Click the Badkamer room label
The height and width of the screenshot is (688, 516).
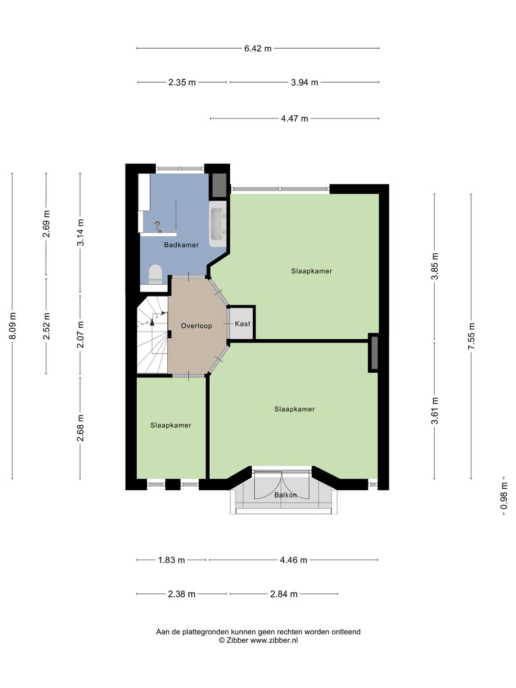182,245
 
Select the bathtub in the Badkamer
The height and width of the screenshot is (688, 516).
218,224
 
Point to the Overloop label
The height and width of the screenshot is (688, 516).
196,326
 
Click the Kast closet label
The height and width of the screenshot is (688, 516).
243,323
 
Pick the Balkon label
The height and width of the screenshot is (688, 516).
285,495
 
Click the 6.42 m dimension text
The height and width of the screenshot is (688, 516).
258,49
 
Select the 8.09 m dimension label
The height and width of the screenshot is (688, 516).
12,326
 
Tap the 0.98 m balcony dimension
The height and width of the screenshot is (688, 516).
504,495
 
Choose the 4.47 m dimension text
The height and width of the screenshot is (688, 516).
294,119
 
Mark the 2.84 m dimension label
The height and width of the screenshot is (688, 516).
284,594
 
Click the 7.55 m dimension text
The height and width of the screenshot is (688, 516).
472,336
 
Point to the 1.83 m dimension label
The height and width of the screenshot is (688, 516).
172,560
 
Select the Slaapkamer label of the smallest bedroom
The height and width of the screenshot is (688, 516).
171,425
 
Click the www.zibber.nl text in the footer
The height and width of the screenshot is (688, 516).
274,640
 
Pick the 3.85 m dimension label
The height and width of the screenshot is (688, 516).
435,266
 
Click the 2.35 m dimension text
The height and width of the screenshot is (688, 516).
182,83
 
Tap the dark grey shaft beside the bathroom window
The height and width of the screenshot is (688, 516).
219,185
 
